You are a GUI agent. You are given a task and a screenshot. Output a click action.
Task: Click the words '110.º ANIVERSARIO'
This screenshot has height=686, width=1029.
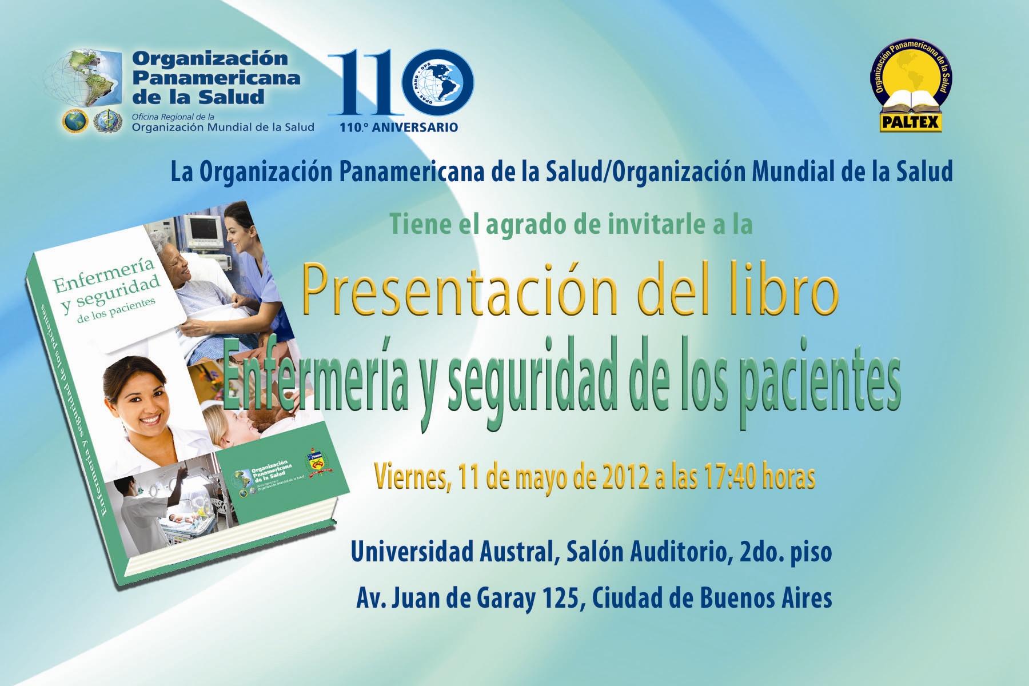(x=398, y=127)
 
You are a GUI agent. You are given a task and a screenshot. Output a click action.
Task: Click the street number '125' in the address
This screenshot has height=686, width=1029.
(x=553, y=598)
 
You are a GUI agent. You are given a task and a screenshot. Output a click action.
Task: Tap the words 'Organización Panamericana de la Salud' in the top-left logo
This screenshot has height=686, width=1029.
(x=214, y=78)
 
